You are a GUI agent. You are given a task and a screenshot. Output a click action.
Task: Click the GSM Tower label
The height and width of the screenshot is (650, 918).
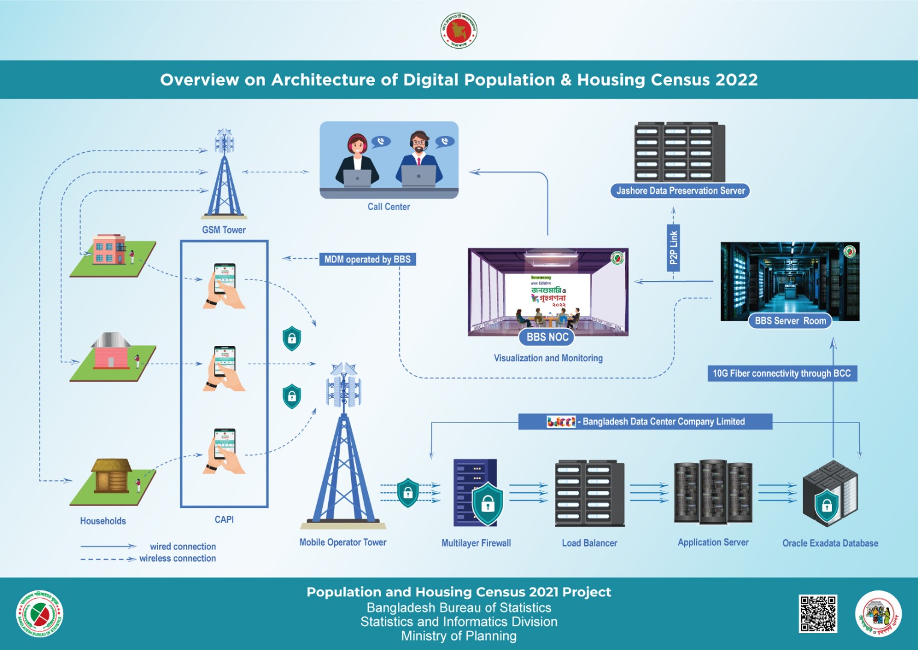(224, 230)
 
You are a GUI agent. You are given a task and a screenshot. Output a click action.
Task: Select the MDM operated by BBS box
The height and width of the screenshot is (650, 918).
(367, 259)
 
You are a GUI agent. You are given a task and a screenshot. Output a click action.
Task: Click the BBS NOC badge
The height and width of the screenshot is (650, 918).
(547, 337)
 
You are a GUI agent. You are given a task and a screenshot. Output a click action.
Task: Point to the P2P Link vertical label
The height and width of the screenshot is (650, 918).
(673, 247)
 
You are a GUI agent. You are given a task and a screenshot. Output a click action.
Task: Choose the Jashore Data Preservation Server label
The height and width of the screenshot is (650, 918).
(680, 191)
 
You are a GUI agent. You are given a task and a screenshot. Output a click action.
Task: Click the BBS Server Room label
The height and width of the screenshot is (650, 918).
(790, 321)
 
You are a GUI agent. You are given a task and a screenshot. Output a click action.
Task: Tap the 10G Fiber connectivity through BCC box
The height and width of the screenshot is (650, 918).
(782, 373)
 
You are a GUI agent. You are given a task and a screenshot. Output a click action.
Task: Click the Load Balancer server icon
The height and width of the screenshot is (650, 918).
(589, 494)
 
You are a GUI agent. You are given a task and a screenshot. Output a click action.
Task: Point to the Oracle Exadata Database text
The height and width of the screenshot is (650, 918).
(830, 543)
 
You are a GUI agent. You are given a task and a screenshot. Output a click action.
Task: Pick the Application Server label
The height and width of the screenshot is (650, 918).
(713, 542)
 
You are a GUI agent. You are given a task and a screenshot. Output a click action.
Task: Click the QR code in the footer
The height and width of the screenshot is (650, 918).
(818, 614)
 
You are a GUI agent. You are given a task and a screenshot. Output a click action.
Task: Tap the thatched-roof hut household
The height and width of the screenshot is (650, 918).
(112, 477)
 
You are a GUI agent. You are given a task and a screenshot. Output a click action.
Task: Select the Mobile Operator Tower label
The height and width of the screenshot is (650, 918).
(343, 542)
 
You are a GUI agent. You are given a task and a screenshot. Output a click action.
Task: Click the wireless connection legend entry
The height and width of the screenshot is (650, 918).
(177, 559)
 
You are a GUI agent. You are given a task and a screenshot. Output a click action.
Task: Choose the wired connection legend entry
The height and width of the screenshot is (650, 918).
(183, 546)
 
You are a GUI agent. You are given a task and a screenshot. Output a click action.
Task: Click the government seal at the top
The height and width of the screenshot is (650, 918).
(459, 31)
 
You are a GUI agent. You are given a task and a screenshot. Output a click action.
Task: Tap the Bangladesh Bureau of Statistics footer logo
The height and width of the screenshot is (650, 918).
(40, 614)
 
